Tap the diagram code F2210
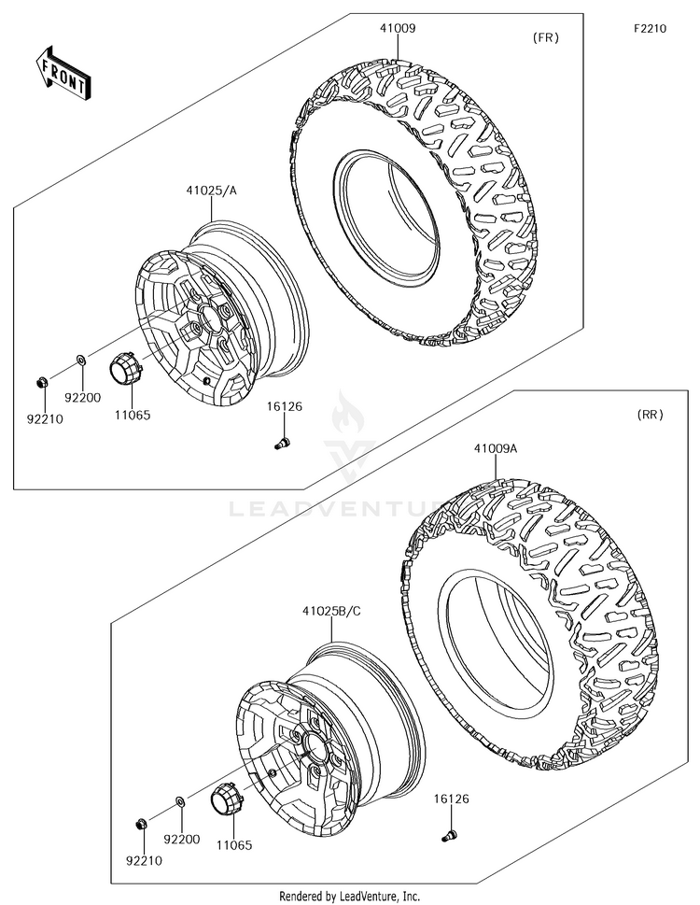pyautogui.click(x=650, y=28)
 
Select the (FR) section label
pyautogui.click(x=545, y=38)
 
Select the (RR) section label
pyautogui.click(x=650, y=415)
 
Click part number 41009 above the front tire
pyautogui.click(x=398, y=28)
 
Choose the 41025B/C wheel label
pyautogui.click(x=332, y=611)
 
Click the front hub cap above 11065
pyautogui.click(x=125, y=365)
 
